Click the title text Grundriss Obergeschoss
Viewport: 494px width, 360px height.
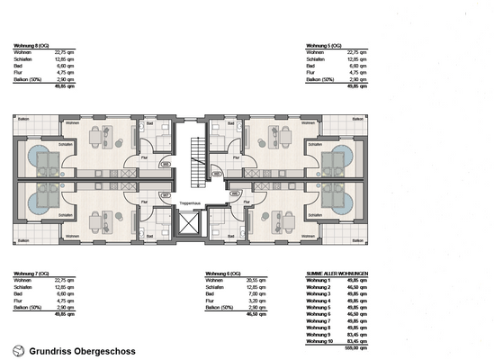coord(83,350)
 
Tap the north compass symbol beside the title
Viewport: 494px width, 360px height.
coord(18,350)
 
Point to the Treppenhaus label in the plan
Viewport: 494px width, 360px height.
coord(190,204)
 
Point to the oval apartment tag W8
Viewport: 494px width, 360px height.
coord(166,164)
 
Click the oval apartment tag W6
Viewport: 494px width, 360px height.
coord(215,193)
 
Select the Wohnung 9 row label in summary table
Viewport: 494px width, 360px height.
coord(319,335)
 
